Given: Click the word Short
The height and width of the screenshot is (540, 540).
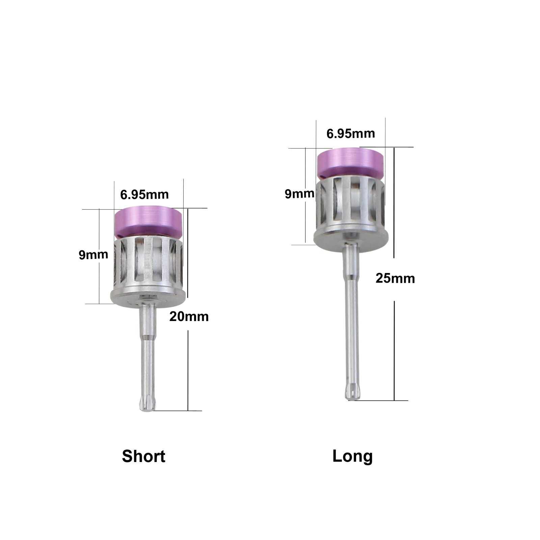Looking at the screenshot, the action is point(143,456).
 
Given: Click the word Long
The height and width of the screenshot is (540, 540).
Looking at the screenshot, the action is point(352,457).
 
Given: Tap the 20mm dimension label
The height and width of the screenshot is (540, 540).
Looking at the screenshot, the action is point(189,317).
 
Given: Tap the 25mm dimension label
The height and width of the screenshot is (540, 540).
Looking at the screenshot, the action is point(395,278).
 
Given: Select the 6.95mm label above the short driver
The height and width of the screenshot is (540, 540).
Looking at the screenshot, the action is point(144,194).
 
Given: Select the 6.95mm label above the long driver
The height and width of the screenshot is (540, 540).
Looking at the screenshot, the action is point(351,134).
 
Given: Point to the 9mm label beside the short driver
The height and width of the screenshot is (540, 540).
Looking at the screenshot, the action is point(93,255).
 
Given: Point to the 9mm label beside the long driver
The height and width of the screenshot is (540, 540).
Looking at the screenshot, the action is point(299,194).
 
